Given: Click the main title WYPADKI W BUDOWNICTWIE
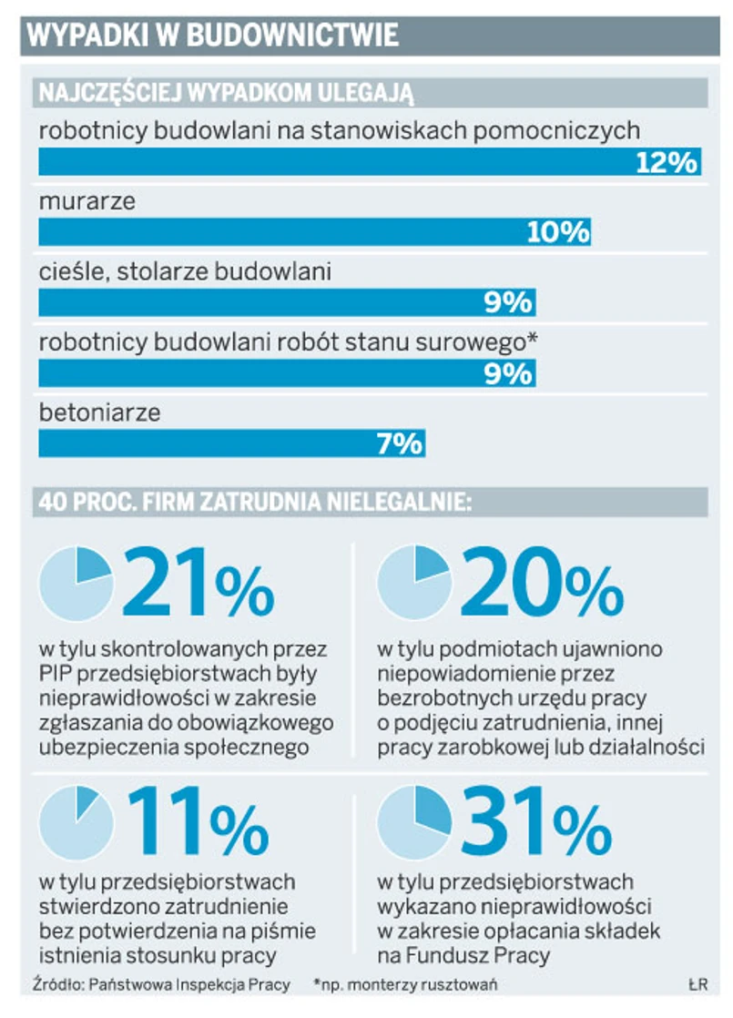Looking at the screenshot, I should tap(213, 35).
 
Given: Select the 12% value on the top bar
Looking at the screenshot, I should tap(666, 162).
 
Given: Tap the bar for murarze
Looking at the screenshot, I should tap(314, 232).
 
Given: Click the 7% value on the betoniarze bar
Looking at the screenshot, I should tap(399, 443).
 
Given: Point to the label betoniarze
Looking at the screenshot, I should tap(99, 412).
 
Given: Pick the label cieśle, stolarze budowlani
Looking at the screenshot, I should tap(185, 271).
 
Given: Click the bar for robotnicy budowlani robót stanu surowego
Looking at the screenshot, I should tap(286, 373).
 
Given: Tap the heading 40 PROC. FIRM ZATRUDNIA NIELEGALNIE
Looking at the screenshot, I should tap(253, 501).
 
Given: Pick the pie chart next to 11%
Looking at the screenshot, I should tap(76, 822).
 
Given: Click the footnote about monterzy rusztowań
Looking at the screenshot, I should tap(405, 985).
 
